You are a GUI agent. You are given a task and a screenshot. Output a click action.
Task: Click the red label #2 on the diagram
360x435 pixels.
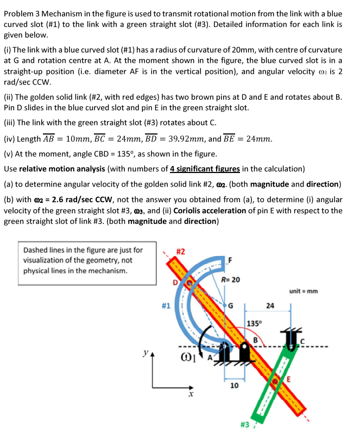pyautogui.click(x=181, y=251)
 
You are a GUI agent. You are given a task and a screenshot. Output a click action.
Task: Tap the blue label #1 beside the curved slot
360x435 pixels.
pyautogui.click(x=167, y=306)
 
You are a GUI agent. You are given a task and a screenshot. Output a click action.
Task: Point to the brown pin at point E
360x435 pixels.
pyautogui.click(x=276, y=381)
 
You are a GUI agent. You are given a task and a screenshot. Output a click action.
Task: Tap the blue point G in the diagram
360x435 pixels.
pyautogui.click(x=223, y=306)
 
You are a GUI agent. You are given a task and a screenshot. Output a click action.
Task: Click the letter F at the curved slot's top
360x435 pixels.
pyautogui.click(x=229, y=260)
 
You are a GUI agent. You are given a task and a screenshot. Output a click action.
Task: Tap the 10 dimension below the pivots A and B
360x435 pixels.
pyautogui.click(x=234, y=386)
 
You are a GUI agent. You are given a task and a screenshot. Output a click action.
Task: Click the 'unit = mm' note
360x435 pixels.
pyautogui.click(x=304, y=291)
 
